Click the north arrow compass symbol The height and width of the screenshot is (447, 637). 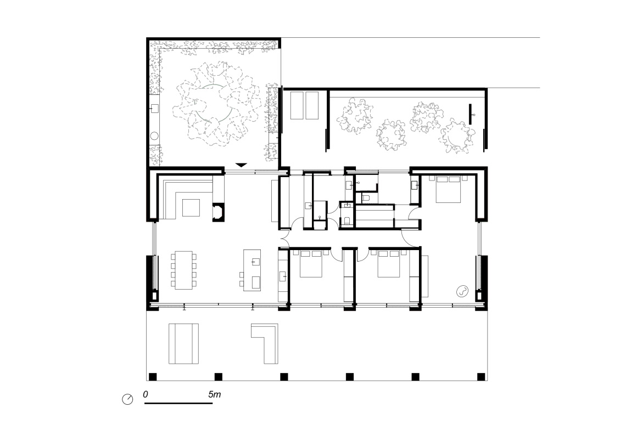click(x=127, y=399)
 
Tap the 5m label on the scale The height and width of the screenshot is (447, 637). click(x=215, y=394)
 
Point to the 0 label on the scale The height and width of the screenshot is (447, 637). click(x=146, y=394)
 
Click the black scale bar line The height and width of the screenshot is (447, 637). click(x=178, y=403)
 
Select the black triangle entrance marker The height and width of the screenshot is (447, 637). click(x=241, y=165)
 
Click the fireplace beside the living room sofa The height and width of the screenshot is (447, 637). click(x=218, y=212)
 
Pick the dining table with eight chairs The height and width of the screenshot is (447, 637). click(x=183, y=270)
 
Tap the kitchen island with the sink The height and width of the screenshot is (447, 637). click(x=252, y=270)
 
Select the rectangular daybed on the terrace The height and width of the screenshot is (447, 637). click(x=183, y=343)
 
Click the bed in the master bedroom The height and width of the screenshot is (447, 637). click(x=449, y=189)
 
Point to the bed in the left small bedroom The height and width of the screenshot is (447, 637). click(x=311, y=264)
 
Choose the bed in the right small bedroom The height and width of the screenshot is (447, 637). click(x=389, y=264)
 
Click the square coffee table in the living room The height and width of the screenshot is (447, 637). click(x=191, y=208)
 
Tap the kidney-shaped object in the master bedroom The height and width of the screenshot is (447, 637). click(x=462, y=291)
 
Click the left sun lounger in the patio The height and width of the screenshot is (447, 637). click(x=297, y=105)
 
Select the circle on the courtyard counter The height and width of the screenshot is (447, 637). click(x=154, y=136)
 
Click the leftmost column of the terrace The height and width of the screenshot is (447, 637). click(x=152, y=377)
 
